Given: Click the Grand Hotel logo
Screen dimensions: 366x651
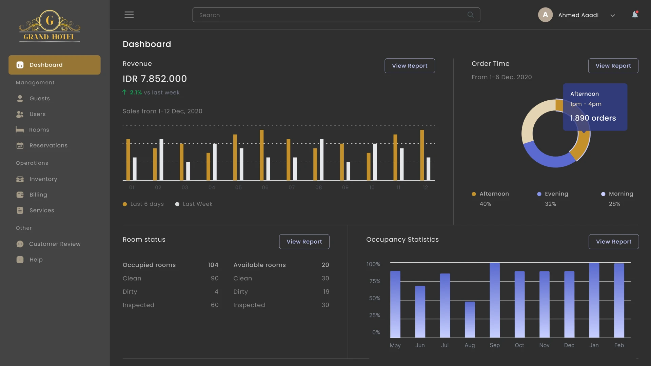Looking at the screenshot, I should coord(50,26).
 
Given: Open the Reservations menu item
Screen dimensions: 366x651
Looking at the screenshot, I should coord(48,145).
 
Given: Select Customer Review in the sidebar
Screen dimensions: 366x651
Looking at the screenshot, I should coord(55,244).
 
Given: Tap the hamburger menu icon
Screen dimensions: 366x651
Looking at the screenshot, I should coord(129,15).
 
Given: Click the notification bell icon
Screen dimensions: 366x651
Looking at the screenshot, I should coord(635,15).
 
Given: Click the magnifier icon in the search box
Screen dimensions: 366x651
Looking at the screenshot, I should coord(470,15).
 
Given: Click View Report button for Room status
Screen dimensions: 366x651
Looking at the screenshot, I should coord(304,242).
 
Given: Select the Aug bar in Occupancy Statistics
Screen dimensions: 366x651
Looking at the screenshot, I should coord(470,319).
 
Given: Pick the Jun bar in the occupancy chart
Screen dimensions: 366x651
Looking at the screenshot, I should coord(420,312).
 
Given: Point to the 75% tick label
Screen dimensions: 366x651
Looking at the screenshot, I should coord(374,281).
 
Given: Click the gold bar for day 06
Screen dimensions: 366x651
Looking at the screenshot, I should coord(262,155).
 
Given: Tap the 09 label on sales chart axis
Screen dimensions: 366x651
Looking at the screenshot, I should coord(345,187).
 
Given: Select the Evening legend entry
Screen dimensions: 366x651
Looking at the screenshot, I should coord(556,194).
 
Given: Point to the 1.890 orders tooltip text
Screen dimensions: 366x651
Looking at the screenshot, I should coord(593,118).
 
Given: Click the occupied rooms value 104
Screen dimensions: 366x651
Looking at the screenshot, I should coord(213,265).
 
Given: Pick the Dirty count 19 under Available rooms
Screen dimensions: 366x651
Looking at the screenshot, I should coord(326,292).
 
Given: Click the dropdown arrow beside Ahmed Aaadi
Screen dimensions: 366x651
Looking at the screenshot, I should coord(612,16).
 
